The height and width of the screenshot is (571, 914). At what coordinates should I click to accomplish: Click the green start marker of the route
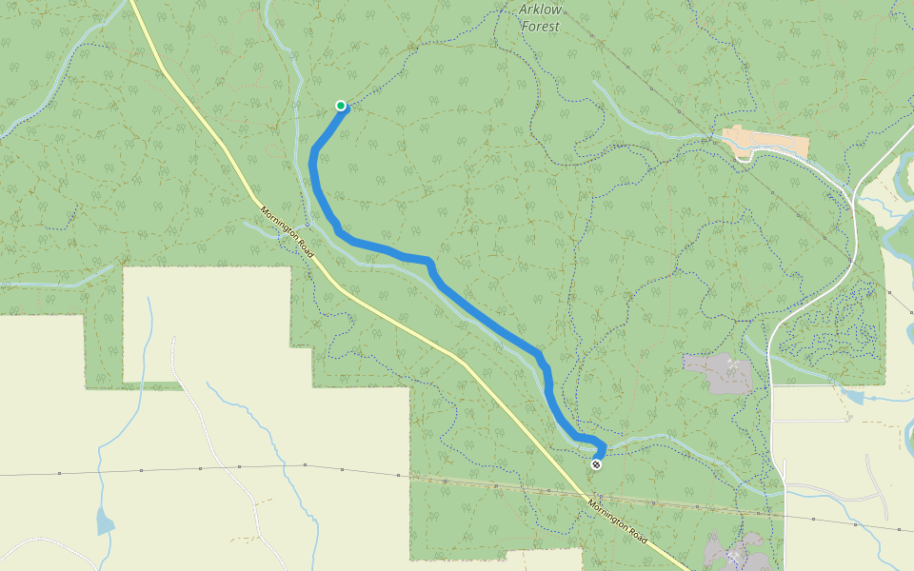pos(341,106)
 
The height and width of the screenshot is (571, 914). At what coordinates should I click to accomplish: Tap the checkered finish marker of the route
pos(596,464)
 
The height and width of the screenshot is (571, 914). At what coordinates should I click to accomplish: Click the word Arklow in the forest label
pos(540,10)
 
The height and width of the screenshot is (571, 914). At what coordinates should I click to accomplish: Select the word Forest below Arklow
pos(540,27)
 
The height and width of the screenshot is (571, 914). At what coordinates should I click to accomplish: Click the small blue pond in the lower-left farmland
pos(104,521)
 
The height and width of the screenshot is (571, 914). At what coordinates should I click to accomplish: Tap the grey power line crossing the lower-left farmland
pos(238,467)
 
